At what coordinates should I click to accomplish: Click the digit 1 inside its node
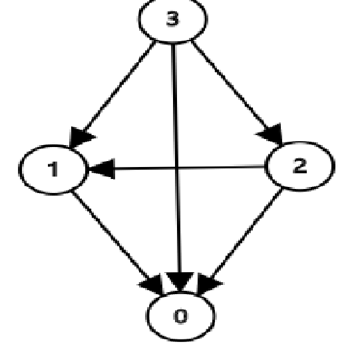53,169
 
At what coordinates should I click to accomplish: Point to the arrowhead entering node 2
273,136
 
